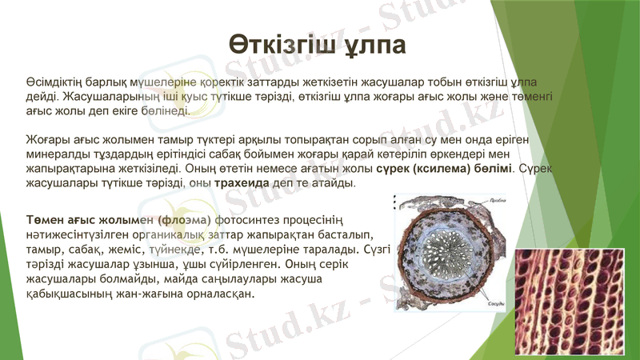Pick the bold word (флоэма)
pos(184,220)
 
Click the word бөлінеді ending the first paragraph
pos(164,109)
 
